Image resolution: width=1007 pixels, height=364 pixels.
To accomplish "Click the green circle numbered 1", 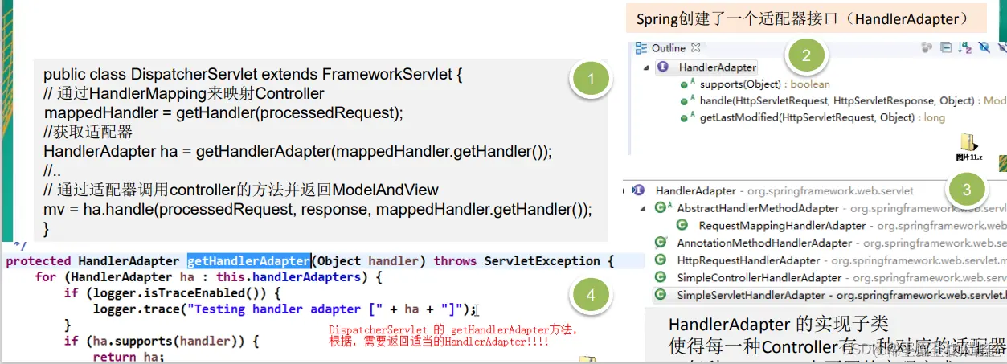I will click(x=592, y=79).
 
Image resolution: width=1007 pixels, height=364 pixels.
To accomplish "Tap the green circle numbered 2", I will click(x=806, y=55).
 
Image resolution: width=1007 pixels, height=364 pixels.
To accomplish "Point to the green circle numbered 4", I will click(x=591, y=295).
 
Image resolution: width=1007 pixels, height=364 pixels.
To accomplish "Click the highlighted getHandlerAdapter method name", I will click(x=249, y=261).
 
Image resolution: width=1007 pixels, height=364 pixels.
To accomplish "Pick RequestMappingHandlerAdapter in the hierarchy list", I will click(x=781, y=226).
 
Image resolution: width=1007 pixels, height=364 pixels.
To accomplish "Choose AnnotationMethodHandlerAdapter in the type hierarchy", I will click(x=763, y=243).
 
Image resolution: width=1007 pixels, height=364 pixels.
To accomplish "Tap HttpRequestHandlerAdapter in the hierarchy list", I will click(x=748, y=260).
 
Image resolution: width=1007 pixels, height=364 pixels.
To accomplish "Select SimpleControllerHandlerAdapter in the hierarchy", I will click(x=759, y=278).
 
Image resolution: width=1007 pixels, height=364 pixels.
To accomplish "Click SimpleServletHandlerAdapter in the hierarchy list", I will click(x=751, y=295).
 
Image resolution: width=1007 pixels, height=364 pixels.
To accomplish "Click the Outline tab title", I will click(x=668, y=48).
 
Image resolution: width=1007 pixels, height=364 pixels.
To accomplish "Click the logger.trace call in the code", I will click(x=131, y=309).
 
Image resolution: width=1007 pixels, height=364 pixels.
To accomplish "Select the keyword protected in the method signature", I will click(x=38, y=261).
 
